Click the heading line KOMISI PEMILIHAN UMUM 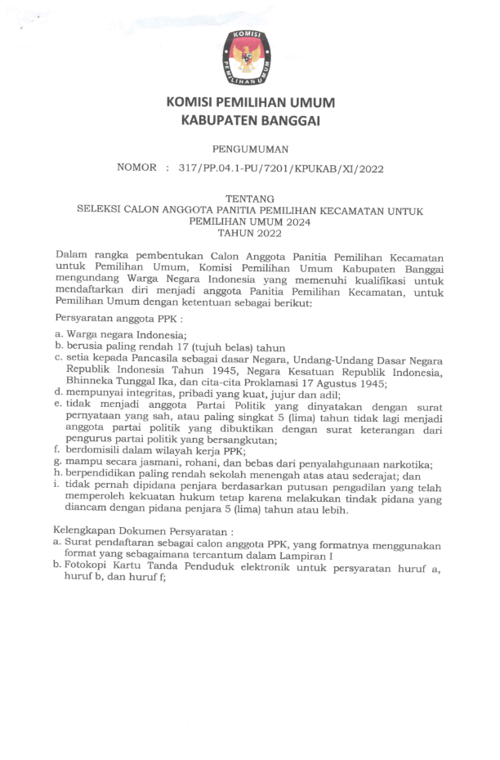point(250,103)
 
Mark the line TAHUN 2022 point(251,232)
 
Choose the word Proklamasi point(286,383)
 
